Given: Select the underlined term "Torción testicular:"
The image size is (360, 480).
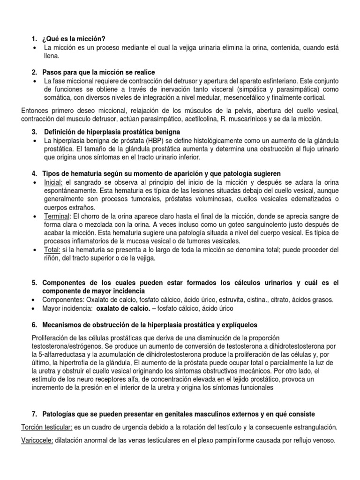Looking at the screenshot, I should tap(46, 427).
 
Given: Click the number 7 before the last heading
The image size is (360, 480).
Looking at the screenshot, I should tap(34, 414).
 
